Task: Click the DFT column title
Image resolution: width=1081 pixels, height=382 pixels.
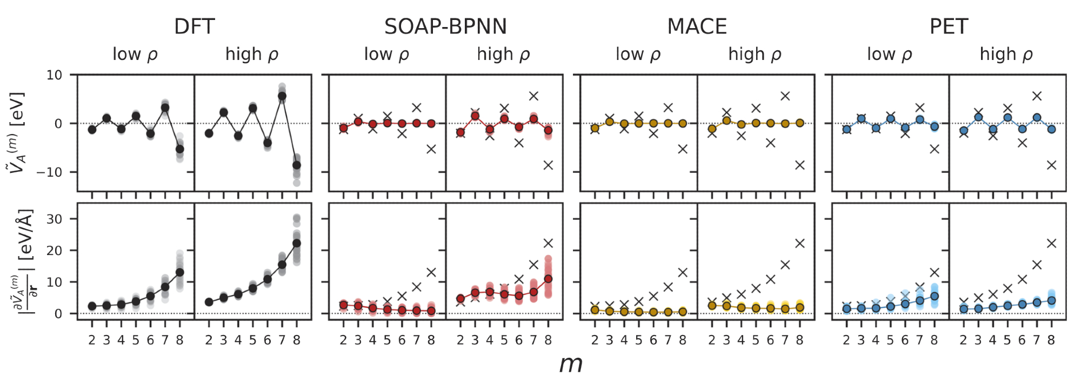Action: [x=195, y=26]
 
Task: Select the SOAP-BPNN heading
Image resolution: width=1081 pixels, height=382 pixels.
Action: [x=445, y=26]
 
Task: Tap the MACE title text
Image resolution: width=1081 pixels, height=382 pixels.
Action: [x=697, y=26]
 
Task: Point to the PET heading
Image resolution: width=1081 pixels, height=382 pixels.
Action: [x=949, y=26]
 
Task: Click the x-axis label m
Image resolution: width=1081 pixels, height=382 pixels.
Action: [x=571, y=364]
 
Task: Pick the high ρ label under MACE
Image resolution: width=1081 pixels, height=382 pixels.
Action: [x=755, y=54]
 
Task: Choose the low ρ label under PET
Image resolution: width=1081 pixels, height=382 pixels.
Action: [x=889, y=54]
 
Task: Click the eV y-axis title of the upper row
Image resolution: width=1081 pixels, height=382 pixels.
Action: [x=17, y=132]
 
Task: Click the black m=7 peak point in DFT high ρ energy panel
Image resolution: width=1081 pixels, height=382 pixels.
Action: [x=282, y=96]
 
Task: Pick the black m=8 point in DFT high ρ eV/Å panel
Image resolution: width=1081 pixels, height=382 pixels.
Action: [x=297, y=243]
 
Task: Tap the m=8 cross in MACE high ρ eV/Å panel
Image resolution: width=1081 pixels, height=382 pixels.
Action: [x=800, y=243]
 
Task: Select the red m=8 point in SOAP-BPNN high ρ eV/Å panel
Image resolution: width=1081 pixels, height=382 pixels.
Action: [x=548, y=279]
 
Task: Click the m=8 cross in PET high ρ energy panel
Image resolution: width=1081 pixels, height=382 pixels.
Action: [x=1051, y=165]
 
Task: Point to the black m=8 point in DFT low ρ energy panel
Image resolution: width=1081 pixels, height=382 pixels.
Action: [x=180, y=149]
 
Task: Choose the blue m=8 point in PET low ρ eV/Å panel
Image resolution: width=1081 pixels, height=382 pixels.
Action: [x=935, y=296]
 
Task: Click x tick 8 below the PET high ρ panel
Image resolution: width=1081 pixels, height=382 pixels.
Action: [x=1051, y=340]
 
